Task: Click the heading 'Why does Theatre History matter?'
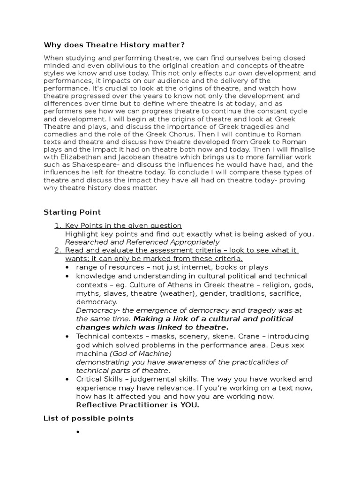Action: click(114, 45)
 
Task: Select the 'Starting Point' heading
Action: click(72, 212)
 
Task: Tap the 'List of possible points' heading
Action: click(89, 418)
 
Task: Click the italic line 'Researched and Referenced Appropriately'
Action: click(142, 242)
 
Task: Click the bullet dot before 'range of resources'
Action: click(68, 267)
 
